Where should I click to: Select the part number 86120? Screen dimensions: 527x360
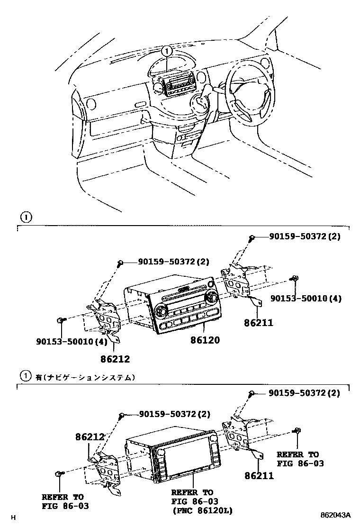pyautogui.click(x=205, y=340)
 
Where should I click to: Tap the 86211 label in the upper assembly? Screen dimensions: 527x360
pyautogui.click(x=259, y=324)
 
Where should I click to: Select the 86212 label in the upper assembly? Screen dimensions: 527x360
pyautogui.click(x=115, y=359)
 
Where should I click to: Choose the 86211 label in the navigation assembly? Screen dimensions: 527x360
pyautogui.click(x=259, y=475)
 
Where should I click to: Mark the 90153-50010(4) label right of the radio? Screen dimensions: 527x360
pyautogui.click(x=306, y=298)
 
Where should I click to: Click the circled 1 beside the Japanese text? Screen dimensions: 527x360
pyautogui.click(x=25, y=377)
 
